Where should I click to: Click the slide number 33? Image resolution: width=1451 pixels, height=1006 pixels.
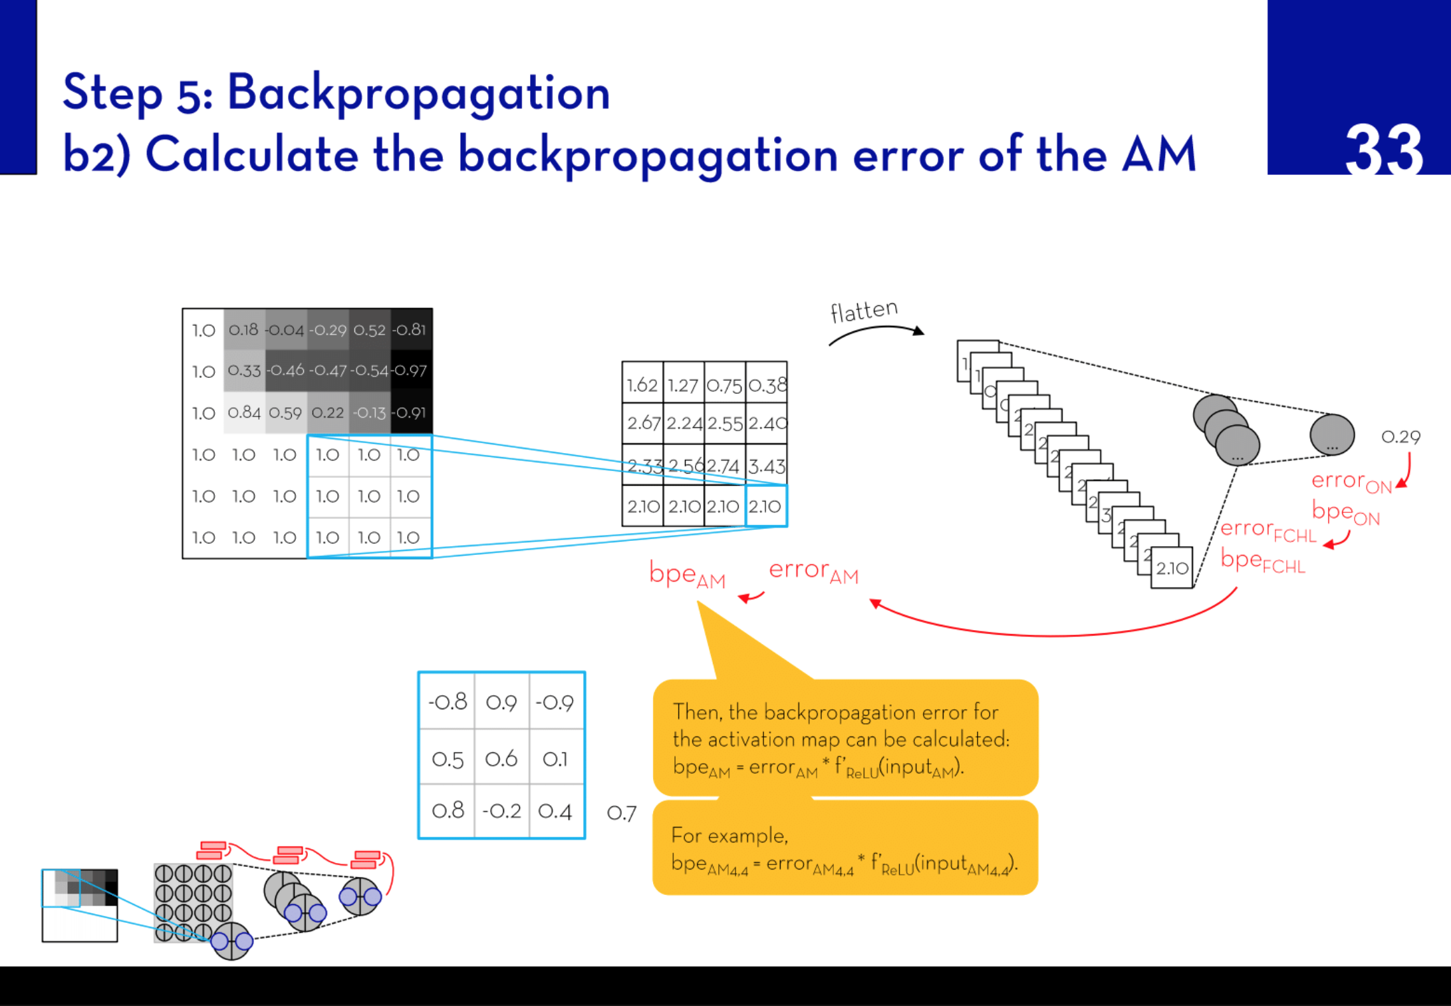[x=1383, y=150]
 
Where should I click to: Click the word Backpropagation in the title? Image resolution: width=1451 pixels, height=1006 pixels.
[x=419, y=93]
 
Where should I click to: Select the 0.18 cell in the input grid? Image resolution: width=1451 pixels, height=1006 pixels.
[x=243, y=330]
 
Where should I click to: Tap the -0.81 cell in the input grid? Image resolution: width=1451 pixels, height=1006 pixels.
[x=410, y=330]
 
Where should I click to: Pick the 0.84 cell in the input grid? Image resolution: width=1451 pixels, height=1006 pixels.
[x=244, y=413]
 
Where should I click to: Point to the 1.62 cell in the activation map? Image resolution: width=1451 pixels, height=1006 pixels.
[x=642, y=385]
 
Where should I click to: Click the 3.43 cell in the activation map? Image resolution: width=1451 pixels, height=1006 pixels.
[x=767, y=466]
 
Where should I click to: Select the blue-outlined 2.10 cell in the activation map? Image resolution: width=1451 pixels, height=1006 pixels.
[x=766, y=506]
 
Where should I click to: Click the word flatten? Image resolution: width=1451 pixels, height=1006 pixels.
[x=864, y=311]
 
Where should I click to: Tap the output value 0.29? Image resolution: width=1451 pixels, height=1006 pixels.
[x=1400, y=437]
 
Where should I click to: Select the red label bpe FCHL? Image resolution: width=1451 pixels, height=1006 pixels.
[x=1262, y=562]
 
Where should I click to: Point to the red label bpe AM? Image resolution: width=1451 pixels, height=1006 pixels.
[x=686, y=575]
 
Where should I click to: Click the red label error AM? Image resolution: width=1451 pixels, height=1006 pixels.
[x=813, y=572]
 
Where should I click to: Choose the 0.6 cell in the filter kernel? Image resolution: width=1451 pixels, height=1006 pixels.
[x=501, y=758]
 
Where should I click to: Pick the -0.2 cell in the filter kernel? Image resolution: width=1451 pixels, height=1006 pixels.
[x=501, y=810]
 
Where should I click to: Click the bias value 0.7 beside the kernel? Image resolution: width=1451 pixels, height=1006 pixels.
[x=622, y=813]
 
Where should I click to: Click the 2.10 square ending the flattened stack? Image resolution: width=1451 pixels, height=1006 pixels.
[x=1172, y=568]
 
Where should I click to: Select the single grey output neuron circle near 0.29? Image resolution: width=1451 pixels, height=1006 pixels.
[x=1332, y=435]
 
